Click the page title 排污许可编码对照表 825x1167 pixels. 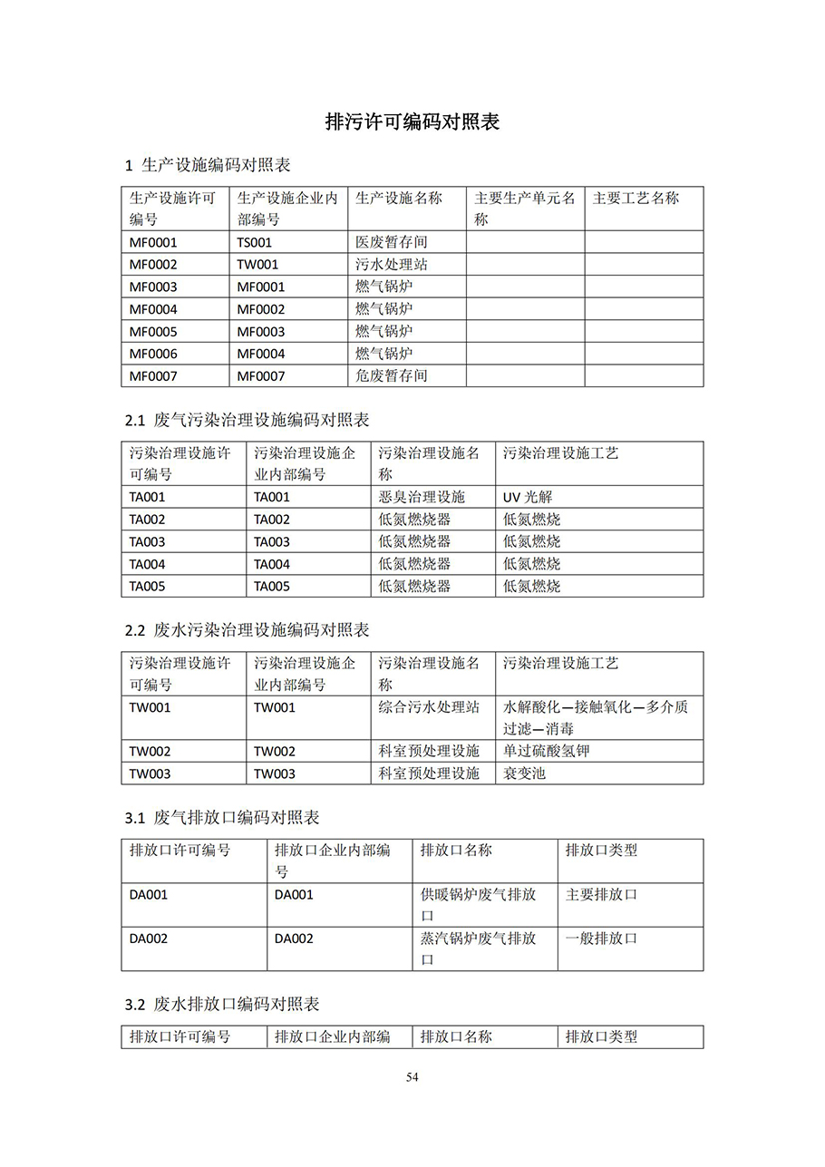tap(412, 122)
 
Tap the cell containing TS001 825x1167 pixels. tap(255, 242)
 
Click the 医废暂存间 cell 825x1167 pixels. tap(391, 242)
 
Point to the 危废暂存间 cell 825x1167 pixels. tap(391, 375)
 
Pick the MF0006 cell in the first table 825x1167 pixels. tap(153, 354)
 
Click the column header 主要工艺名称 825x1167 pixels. tap(636, 198)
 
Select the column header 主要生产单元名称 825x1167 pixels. tap(524, 208)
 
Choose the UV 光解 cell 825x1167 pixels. tap(528, 497)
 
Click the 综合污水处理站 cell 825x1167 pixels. tap(428, 707)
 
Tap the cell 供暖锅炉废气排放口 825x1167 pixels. tap(478, 905)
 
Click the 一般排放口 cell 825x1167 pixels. tap(601, 938)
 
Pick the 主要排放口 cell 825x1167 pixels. tap(601, 894)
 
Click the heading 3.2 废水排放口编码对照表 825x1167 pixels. tap(222, 1005)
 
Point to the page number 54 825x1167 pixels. tap(412, 1077)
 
